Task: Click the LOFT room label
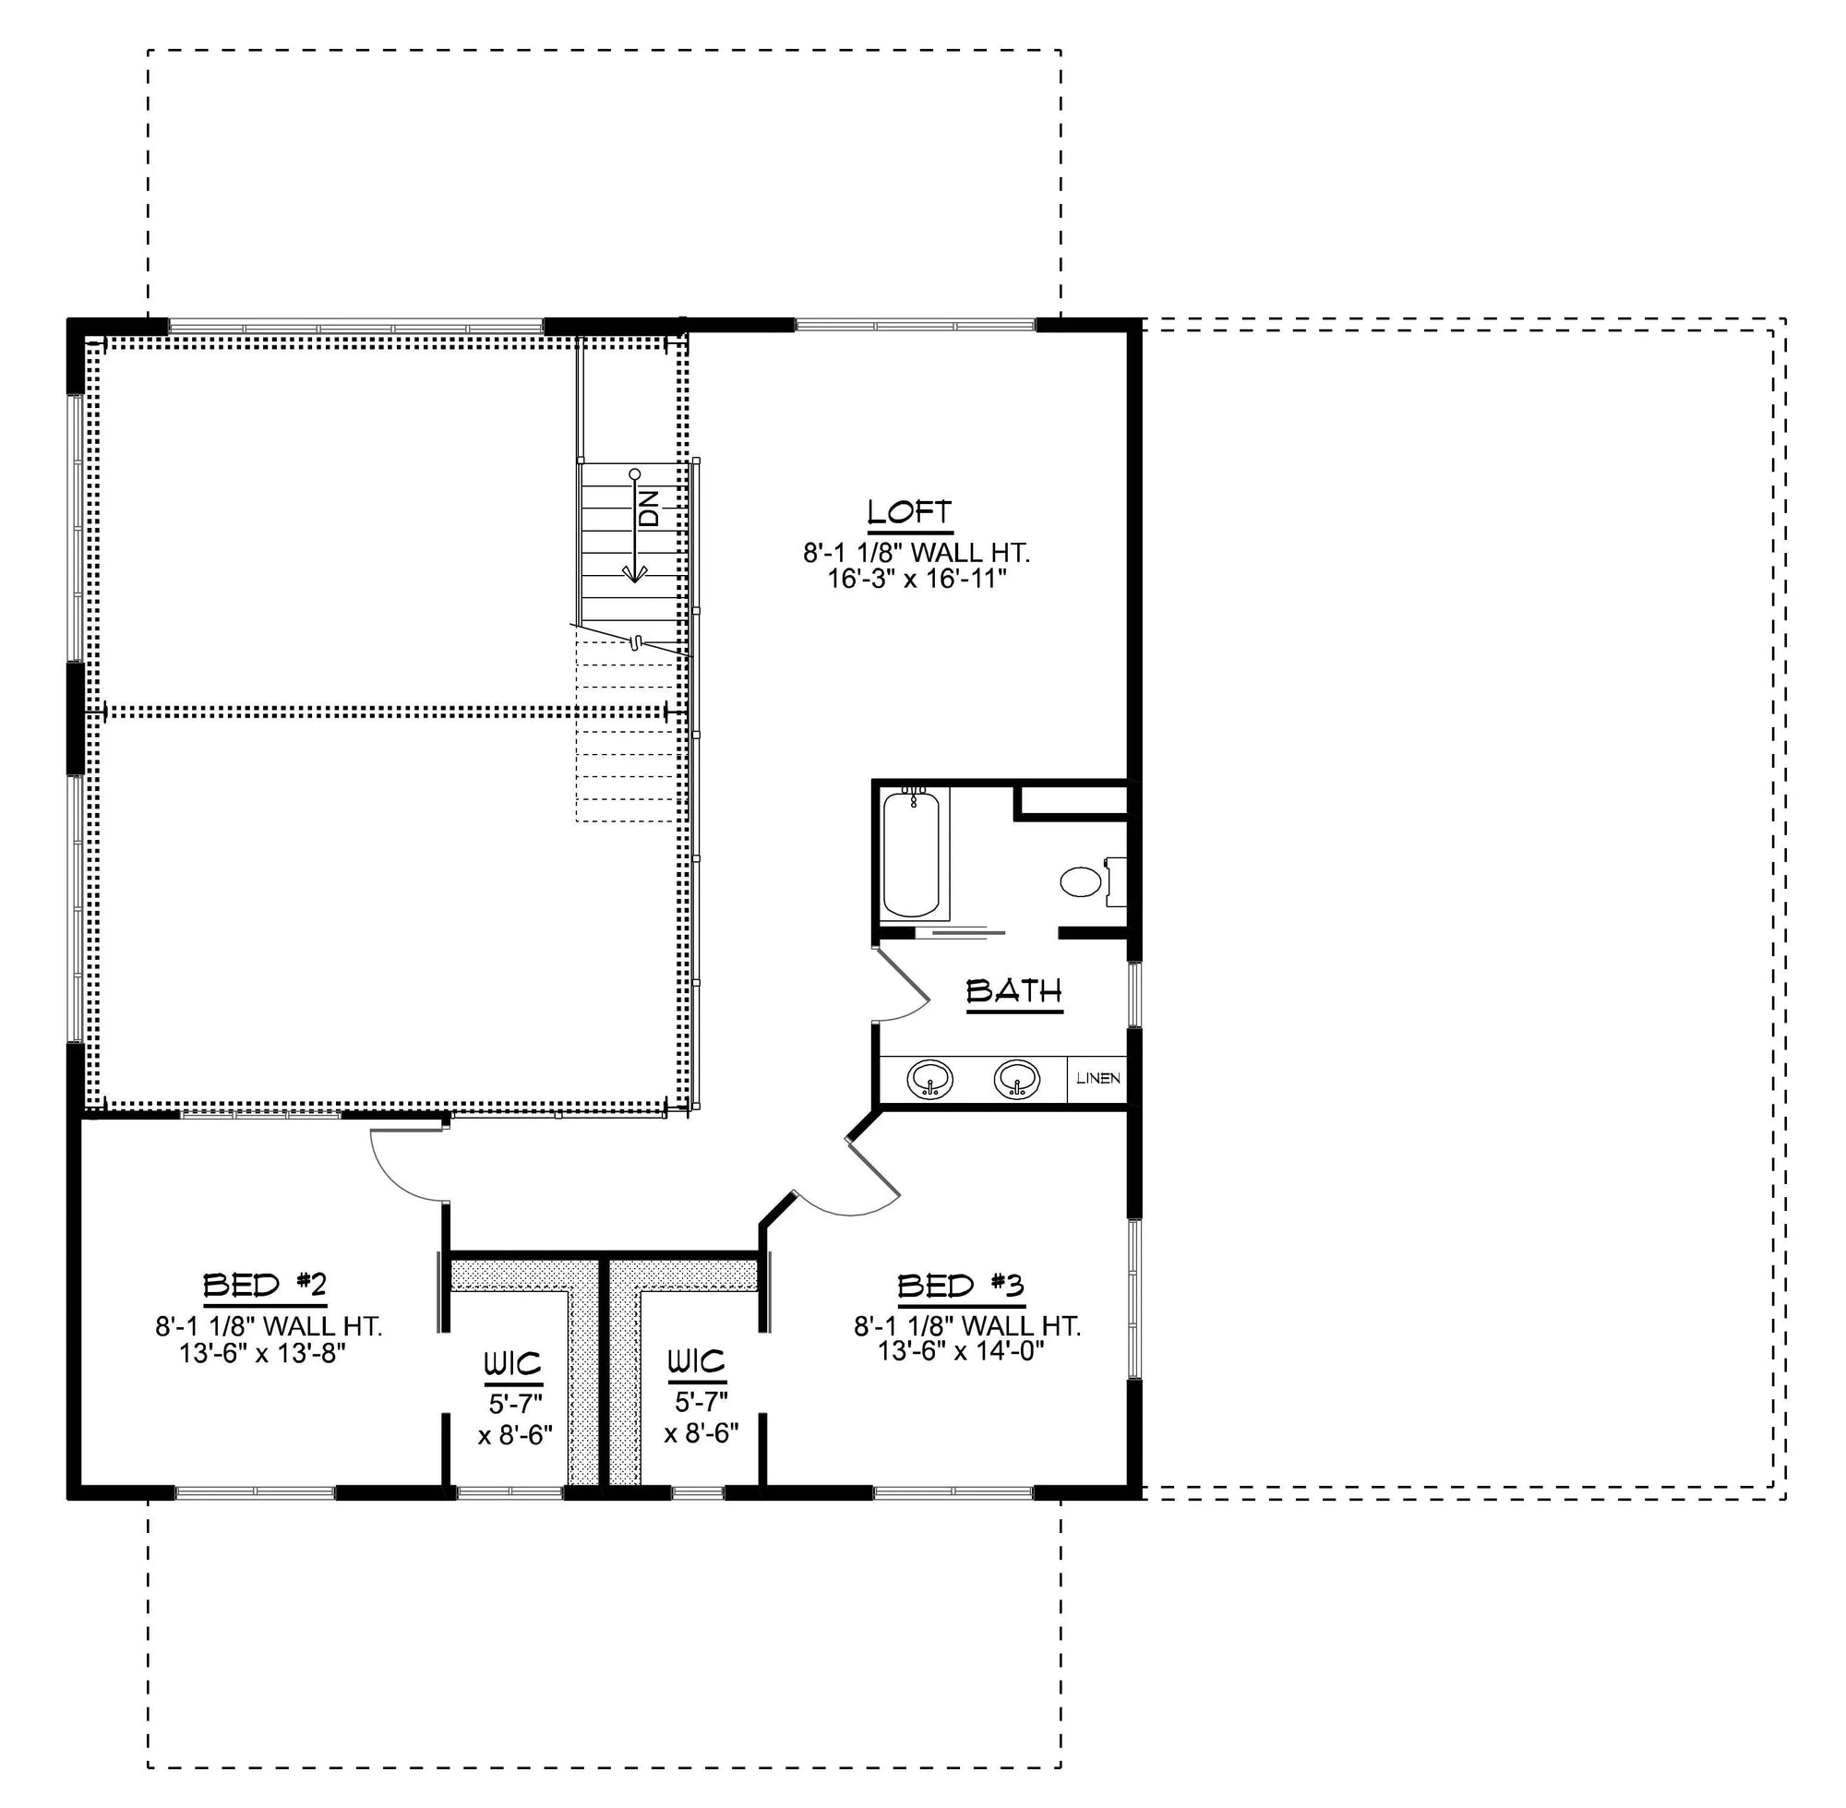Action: (x=909, y=513)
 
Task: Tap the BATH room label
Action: (x=1013, y=991)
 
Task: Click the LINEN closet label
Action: (x=1097, y=1079)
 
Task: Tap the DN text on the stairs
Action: (x=650, y=509)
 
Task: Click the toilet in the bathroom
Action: (x=1080, y=882)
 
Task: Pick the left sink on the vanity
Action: (x=929, y=1080)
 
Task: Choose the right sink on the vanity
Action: (x=1016, y=1080)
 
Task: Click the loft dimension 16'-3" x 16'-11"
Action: (x=916, y=579)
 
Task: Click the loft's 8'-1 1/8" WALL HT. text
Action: (x=916, y=553)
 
